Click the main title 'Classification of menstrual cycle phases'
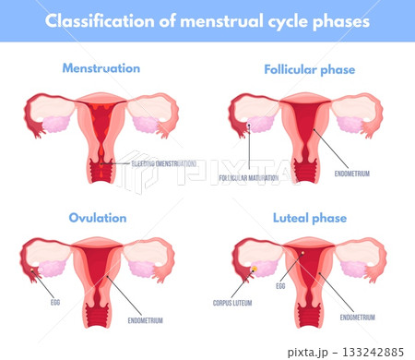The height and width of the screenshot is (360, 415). [207, 19]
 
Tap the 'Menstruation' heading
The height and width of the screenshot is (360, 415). [101, 68]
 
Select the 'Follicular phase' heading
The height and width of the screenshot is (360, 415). [309, 68]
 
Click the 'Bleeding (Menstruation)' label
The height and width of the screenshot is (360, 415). [160, 163]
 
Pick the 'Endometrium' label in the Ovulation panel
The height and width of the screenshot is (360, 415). [145, 320]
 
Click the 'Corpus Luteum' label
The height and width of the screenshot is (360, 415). [232, 302]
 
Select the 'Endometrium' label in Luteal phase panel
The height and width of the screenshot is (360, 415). [358, 317]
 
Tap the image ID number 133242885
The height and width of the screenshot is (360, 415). [370, 352]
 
